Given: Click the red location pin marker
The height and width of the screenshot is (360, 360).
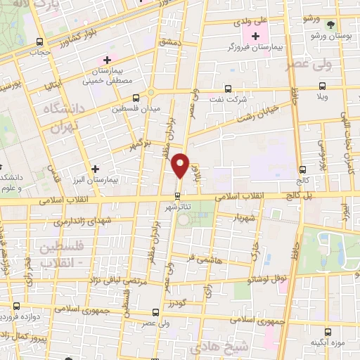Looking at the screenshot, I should click(x=181, y=166).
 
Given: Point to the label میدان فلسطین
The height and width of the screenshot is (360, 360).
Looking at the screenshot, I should click(x=136, y=108).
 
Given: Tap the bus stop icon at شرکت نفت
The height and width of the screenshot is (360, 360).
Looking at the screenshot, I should click(x=227, y=89).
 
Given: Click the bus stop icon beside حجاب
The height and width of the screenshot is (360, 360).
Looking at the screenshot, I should click(x=39, y=41).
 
